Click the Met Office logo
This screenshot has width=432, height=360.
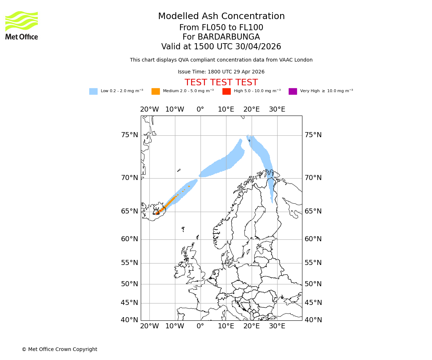22,25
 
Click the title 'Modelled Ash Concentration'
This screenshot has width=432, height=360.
221,17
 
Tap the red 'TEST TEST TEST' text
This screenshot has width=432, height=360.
221,82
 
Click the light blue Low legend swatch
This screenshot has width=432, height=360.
93,91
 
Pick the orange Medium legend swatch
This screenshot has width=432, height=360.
156,91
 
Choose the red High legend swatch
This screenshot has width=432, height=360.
226,91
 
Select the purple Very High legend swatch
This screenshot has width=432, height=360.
293,91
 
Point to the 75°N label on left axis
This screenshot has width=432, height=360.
129,135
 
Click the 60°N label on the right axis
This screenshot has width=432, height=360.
313,239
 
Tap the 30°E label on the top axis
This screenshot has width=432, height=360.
277,109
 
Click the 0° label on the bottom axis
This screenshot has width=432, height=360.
200,327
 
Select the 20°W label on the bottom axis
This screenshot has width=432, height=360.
149,327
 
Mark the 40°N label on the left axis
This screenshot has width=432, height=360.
129,320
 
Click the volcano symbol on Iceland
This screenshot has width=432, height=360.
156,212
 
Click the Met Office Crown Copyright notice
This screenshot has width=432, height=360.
59,349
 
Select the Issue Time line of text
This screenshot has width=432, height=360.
221,72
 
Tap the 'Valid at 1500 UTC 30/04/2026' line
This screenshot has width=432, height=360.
221,47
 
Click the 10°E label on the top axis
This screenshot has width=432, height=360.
226,109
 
